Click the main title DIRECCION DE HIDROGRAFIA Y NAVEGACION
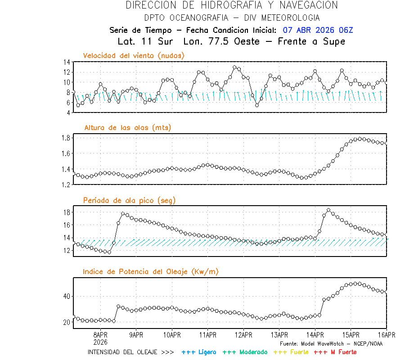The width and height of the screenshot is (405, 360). click(231, 5)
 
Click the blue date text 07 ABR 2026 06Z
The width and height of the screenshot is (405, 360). click(318, 30)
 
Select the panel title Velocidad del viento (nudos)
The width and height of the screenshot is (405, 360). click(134, 55)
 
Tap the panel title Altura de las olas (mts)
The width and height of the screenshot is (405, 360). click(127, 128)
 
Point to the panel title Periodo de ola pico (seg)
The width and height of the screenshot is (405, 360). click(129, 200)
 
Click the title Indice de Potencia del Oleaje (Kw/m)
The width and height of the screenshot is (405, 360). click(151, 271)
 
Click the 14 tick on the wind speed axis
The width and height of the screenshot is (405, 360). click(66, 62)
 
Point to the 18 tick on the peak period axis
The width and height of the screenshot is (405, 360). click(66, 212)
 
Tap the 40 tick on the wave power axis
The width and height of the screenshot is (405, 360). click(66, 296)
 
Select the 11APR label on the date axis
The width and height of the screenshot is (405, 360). click(207, 335)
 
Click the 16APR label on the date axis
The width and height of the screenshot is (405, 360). click(386, 335)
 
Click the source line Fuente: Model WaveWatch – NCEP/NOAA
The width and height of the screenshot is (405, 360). click(331, 343)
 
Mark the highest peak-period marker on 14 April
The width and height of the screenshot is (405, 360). click(328, 210)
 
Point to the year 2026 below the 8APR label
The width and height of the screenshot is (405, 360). click(100, 341)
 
